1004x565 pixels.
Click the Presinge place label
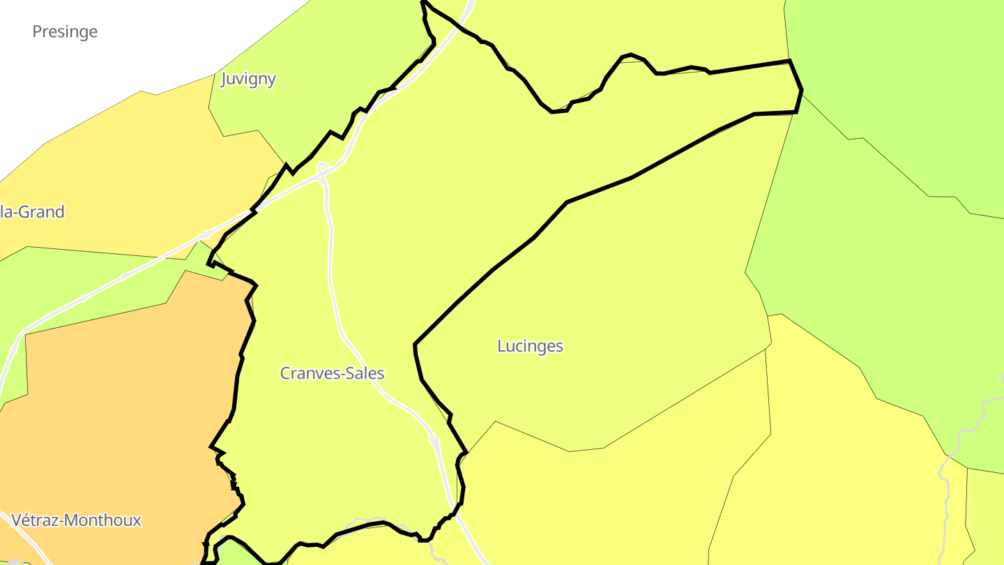coord(65,31)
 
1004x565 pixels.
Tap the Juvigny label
coord(248,79)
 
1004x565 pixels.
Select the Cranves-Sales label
coord(332,373)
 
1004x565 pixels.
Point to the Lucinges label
coord(530,346)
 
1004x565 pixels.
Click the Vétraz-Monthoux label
coord(77,520)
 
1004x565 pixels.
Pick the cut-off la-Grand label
coord(32,212)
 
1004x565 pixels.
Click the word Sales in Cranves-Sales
coord(364,373)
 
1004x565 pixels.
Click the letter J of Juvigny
coord(225,79)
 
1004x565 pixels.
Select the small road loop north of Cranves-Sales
coord(322,168)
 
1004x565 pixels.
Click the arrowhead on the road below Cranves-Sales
coord(434,443)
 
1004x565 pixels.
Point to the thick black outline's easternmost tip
coord(802,89)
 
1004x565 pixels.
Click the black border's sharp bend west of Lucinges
coord(416,345)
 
